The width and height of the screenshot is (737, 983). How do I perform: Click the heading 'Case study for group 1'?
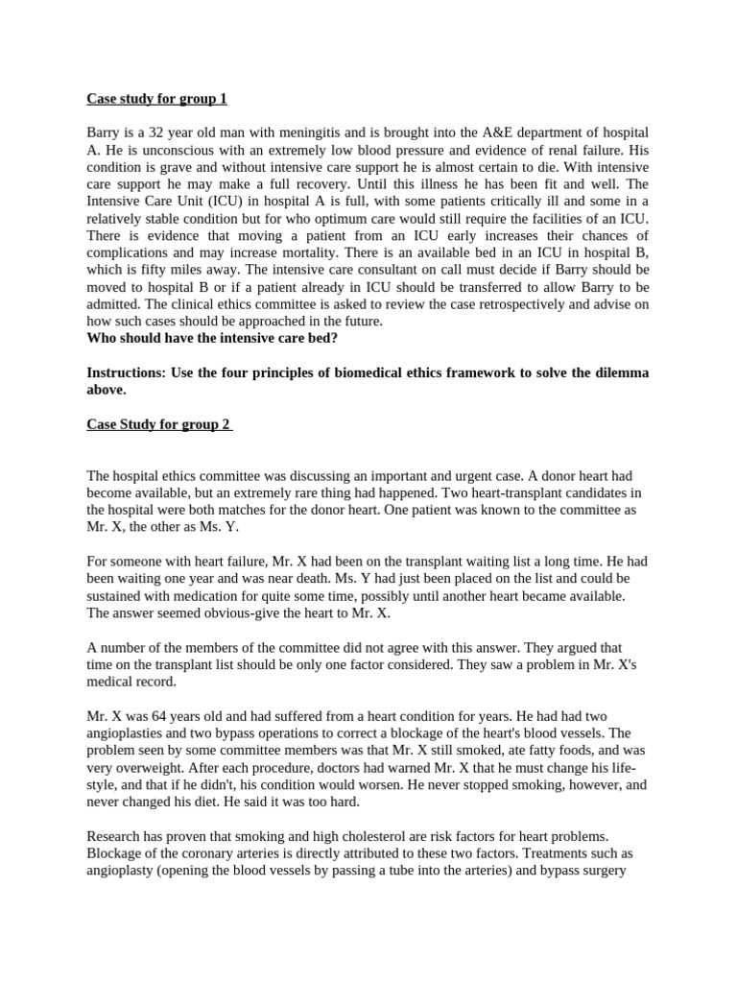[156, 98]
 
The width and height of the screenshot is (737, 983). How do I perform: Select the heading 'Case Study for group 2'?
[158, 424]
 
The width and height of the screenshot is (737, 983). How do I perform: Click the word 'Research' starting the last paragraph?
[115, 836]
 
